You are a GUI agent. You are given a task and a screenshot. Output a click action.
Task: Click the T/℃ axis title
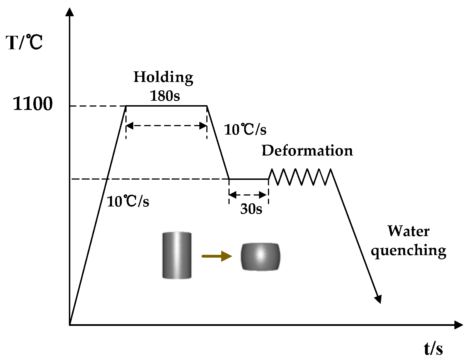coord(24,43)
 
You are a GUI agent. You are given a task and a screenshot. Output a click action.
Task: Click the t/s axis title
coord(433,349)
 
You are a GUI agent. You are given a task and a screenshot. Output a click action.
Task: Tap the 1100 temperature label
coord(33,104)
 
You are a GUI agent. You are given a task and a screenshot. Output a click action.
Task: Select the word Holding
coord(163,77)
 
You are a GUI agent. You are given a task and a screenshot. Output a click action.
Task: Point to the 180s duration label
coord(165,96)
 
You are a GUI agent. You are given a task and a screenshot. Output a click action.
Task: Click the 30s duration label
coord(251,209)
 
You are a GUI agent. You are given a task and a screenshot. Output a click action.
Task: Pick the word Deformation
coord(307,150)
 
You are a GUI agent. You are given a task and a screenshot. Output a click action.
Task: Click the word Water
coord(408,231)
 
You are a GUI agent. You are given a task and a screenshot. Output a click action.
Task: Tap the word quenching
coord(408,250)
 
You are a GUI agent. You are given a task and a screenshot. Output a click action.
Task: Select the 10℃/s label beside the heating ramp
coord(128,201)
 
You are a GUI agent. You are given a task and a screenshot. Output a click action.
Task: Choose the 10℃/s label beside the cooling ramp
coord(245,130)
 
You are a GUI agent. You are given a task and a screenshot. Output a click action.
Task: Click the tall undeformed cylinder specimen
coord(177,255)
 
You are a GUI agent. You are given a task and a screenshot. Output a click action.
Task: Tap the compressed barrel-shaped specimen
coord(260,257)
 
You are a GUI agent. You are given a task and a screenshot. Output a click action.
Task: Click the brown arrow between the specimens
coord(217,256)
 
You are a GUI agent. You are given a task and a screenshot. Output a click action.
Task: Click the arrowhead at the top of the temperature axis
coord(70,12)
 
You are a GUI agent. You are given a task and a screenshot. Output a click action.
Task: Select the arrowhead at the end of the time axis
coord(458,325)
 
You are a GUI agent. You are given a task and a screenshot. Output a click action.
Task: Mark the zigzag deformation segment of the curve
coord(301,177)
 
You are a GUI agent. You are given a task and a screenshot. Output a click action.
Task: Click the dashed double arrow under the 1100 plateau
coord(167,126)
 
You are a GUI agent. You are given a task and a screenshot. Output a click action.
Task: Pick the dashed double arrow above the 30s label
coord(248,194)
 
